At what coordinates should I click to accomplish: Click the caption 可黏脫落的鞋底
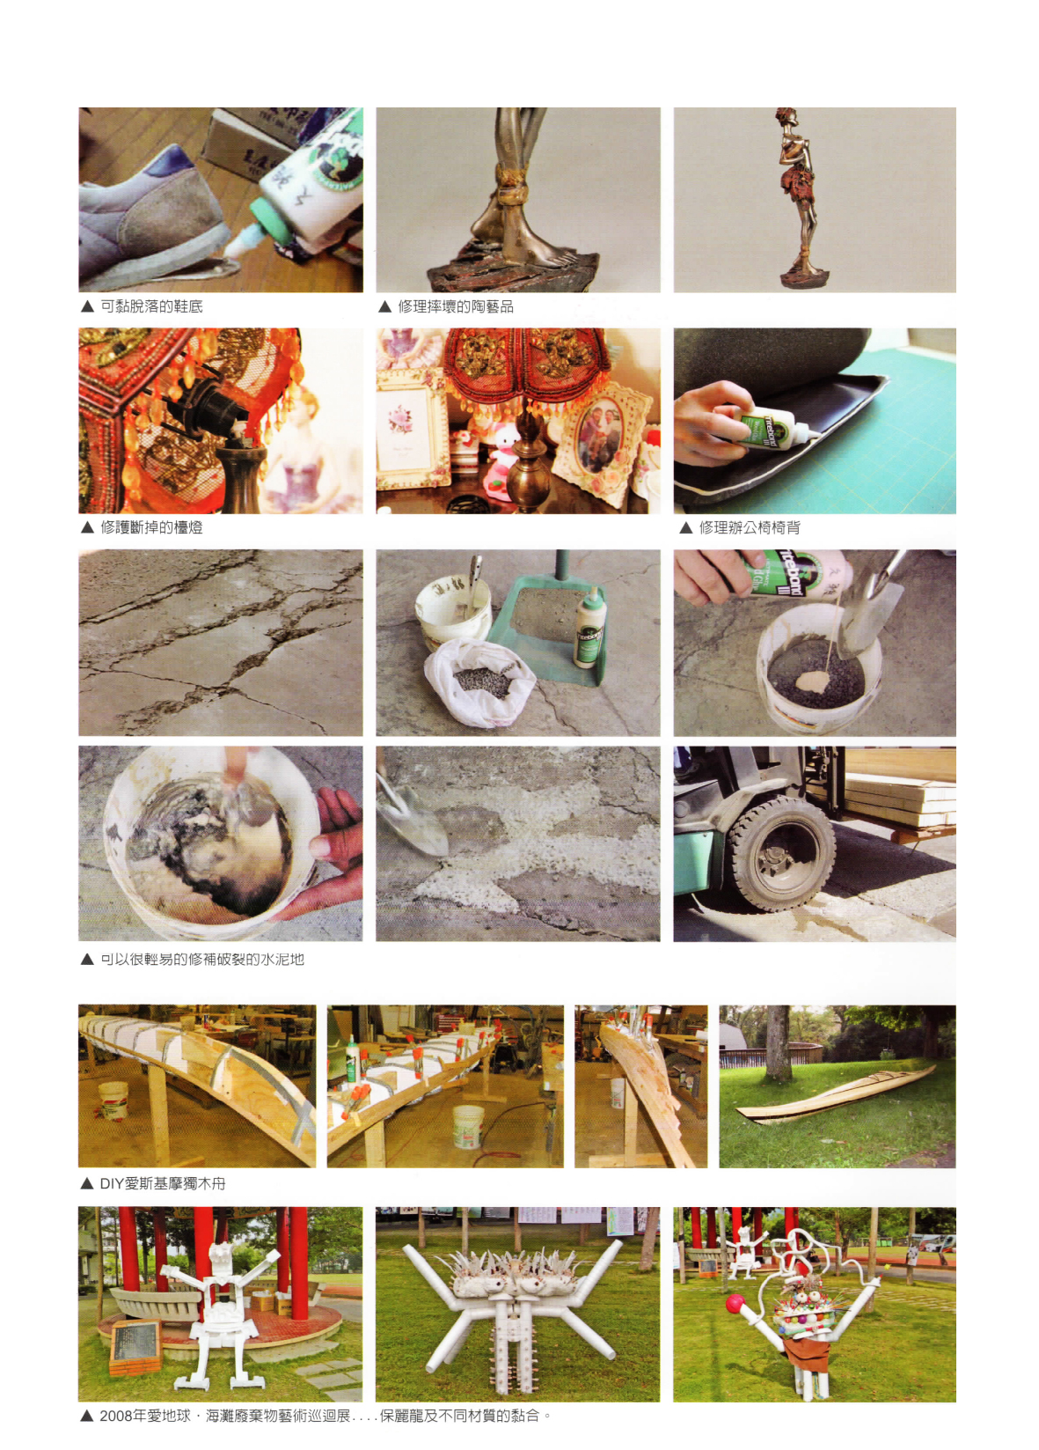point(151,306)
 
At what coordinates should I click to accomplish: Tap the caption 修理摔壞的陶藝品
point(456,306)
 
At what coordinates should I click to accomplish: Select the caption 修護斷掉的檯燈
point(151,527)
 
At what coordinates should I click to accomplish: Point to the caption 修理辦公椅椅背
point(750,527)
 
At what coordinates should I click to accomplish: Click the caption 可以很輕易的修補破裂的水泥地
point(201,959)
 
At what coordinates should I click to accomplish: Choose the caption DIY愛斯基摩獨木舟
point(163,1183)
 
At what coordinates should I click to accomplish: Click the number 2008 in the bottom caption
point(116,1415)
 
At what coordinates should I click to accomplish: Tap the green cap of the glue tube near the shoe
point(270,220)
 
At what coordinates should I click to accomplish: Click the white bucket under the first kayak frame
point(113,1100)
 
